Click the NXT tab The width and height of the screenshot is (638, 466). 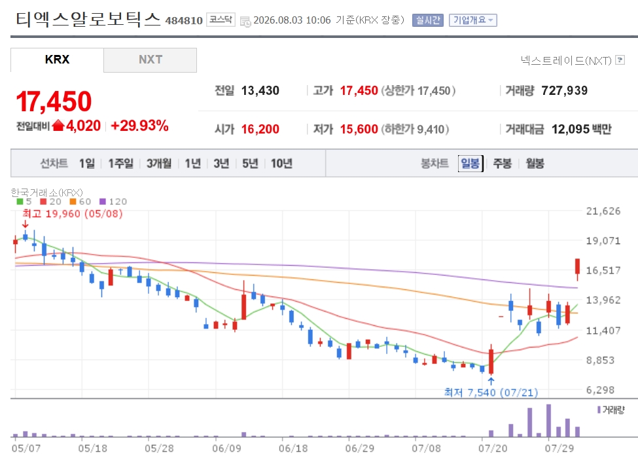[150, 60]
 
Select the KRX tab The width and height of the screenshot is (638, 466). [57, 60]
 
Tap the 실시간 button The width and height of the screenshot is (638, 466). [428, 20]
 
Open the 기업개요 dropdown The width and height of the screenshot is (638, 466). [473, 20]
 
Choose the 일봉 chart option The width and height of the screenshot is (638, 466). [470, 163]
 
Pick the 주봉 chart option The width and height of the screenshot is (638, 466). [502, 163]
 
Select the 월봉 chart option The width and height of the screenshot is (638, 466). [535, 163]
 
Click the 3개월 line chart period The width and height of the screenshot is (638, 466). [159, 163]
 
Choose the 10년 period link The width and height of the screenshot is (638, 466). [281, 163]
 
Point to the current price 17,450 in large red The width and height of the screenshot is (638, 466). [54, 101]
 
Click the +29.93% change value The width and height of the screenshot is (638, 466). [139, 126]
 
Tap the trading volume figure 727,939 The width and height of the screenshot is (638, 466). [564, 90]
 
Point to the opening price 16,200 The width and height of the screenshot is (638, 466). [260, 129]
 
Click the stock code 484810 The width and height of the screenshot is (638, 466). [184, 20]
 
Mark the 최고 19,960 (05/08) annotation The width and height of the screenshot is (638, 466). [73, 213]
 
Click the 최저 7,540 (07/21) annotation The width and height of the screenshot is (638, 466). [491, 392]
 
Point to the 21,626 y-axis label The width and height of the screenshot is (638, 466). [603, 211]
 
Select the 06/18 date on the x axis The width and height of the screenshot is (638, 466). [293, 448]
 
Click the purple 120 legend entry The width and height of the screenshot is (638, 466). [113, 202]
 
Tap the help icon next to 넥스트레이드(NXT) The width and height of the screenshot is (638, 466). [620, 60]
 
